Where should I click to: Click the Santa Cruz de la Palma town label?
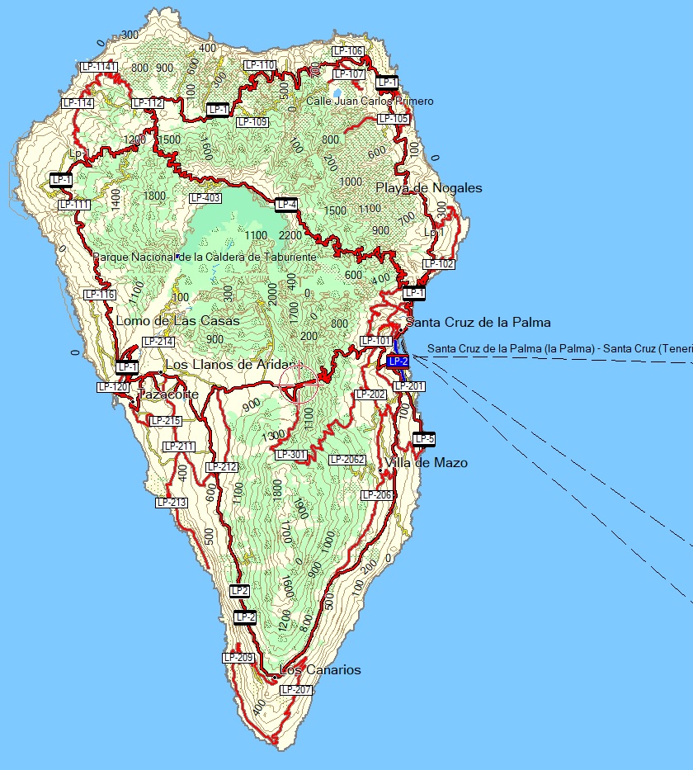click(x=478, y=322)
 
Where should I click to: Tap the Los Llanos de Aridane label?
click(x=231, y=364)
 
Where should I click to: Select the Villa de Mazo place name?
click(x=426, y=463)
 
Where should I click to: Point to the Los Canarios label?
click(x=320, y=669)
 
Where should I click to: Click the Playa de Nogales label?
click(x=428, y=188)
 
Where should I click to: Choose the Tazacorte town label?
click(x=168, y=394)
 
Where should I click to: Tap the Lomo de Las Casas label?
click(x=177, y=320)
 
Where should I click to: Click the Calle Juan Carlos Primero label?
click(x=370, y=101)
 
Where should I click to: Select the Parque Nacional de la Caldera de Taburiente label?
click(x=205, y=257)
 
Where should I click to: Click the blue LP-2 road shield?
click(x=398, y=361)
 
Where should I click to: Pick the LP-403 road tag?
click(x=205, y=198)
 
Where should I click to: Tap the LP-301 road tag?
click(x=290, y=454)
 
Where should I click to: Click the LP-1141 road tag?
click(x=99, y=66)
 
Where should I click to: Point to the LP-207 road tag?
click(x=296, y=689)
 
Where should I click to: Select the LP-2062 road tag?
click(x=346, y=460)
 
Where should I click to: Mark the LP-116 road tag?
click(x=100, y=295)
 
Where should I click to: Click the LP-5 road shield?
click(x=424, y=438)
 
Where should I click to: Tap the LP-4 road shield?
click(x=286, y=204)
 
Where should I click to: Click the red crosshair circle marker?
click(x=299, y=383)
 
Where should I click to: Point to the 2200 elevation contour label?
click(x=290, y=235)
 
